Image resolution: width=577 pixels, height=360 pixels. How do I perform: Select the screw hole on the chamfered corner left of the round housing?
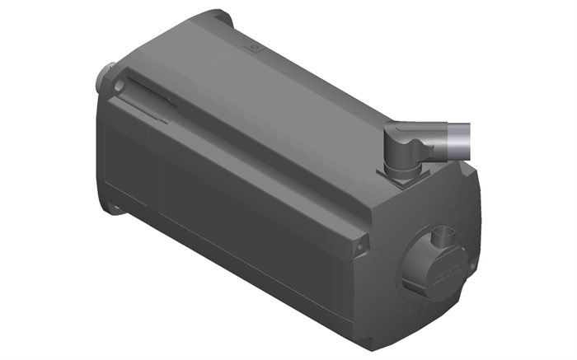click(x=359, y=245)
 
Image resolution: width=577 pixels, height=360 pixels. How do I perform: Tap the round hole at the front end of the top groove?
click(x=121, y=86)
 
